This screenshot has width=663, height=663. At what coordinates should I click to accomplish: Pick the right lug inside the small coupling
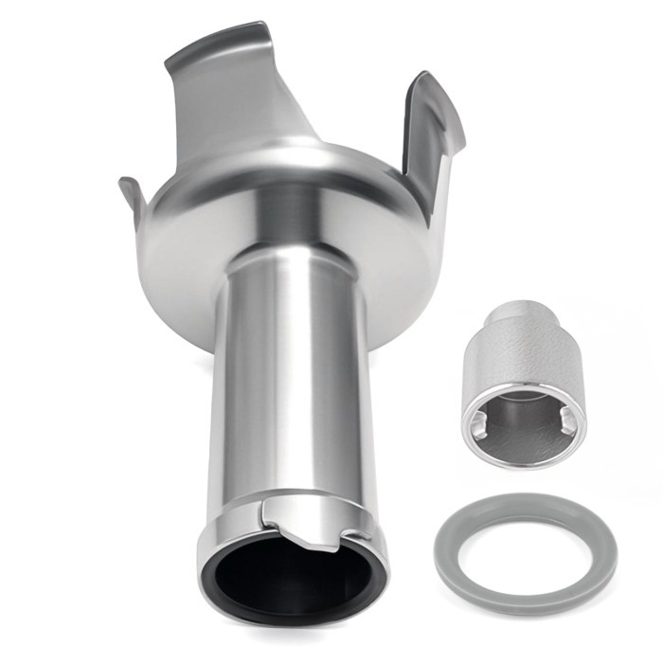[565, 424]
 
